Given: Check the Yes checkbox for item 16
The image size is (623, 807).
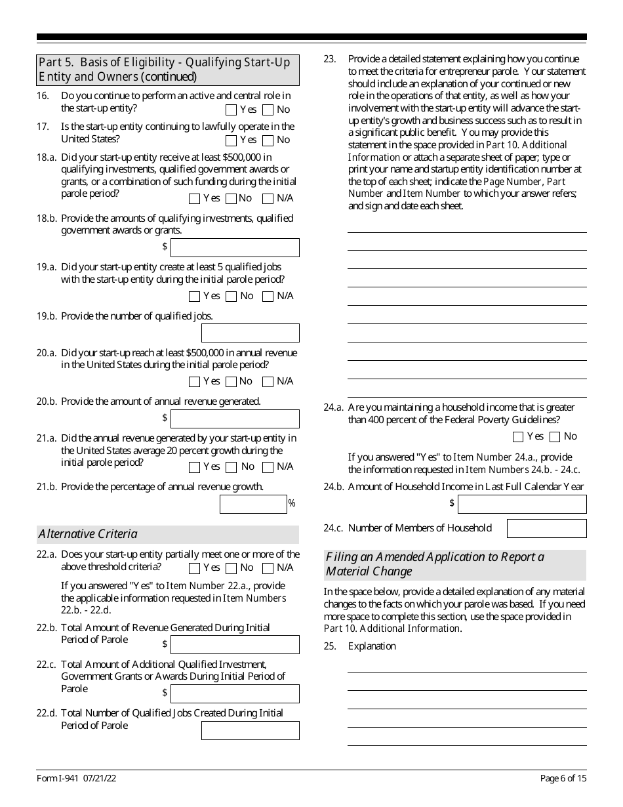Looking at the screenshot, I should [231, 110].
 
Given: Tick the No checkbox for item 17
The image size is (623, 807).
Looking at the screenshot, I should [268, 140].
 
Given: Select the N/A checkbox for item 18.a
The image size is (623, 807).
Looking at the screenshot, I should [268, 199].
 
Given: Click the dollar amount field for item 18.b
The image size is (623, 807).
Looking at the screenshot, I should [235, 247].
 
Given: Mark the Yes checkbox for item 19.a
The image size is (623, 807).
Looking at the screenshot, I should [194, 297].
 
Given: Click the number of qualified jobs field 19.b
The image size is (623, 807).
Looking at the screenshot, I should [250, 333].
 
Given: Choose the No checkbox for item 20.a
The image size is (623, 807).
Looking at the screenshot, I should [231, 382].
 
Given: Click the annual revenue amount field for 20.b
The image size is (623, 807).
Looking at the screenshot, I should [235, 419].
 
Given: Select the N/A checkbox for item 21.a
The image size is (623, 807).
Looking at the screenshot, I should [268, 467].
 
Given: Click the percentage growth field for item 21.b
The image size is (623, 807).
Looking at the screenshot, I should [253, 504].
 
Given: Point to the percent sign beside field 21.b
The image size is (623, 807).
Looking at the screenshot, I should [292, 504].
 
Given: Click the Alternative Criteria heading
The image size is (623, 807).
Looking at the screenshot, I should [88, 534].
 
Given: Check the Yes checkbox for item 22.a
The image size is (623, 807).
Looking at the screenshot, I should [194, 568].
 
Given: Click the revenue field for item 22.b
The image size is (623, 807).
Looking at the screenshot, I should [235, 644].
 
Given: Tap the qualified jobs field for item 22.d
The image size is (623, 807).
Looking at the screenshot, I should [250, 730].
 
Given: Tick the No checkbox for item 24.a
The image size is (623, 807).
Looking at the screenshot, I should [555, 437].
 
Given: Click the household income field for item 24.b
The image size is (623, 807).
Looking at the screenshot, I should [522, 504].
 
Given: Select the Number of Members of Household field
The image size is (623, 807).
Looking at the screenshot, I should [546, 528].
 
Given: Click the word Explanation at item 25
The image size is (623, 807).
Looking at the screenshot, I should [372, 646].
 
